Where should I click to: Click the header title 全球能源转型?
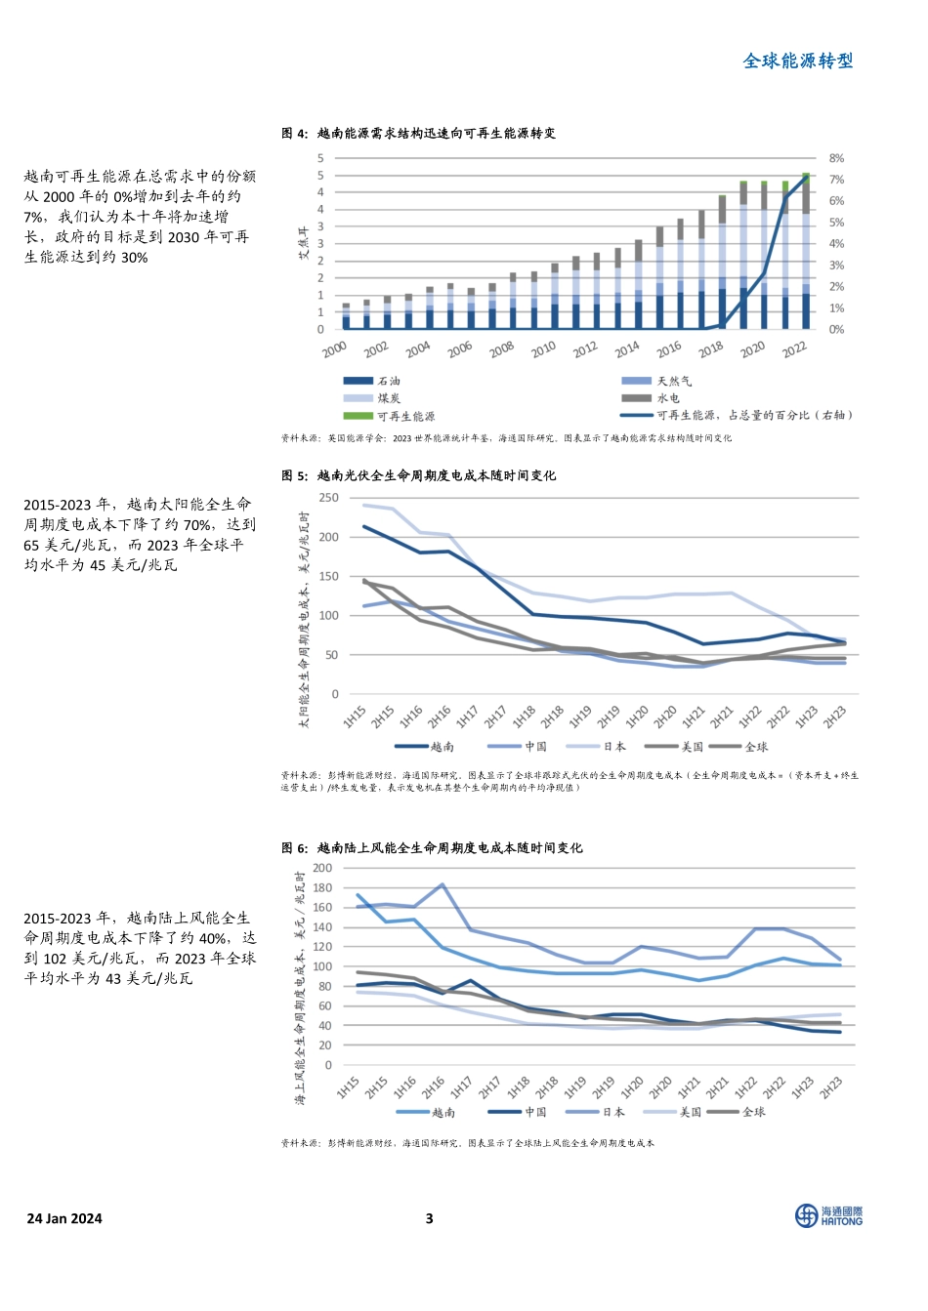click(x=798, y=61)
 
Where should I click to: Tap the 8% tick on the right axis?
click(x=836, y=158)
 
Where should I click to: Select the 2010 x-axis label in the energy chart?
click(x=543, y=348)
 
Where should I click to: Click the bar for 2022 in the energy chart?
click(x=806, y=254)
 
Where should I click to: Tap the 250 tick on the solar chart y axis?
click(x=328, y=498)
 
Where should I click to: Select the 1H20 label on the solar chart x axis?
click(x=637, y=717)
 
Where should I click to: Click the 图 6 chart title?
click(x=432, y=848)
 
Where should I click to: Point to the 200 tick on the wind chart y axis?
click(x=322, y=868)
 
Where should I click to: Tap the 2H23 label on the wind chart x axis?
click(x=831, y=1088)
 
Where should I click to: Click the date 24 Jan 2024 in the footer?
click(x=64, y=1218)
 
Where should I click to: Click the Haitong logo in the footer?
click(x=828, y=1215)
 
